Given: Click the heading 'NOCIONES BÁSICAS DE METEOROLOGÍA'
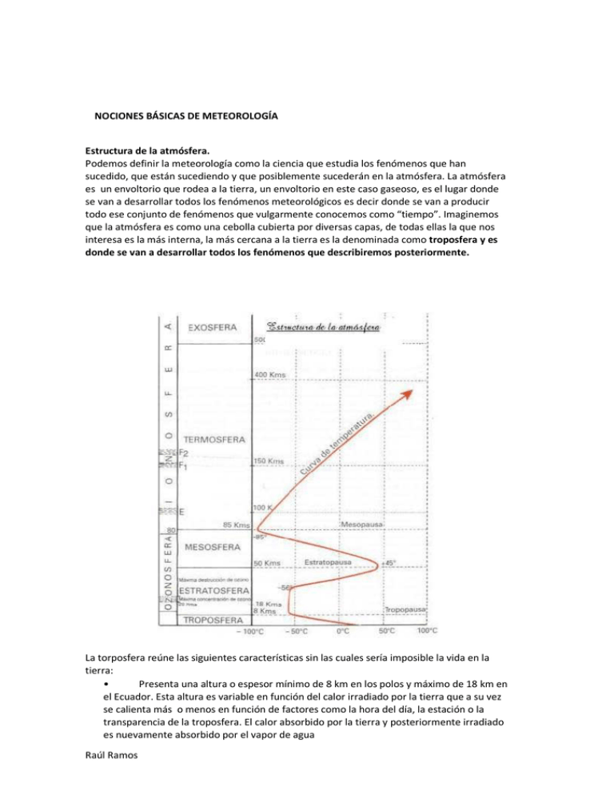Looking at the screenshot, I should (x=186, y=116).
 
